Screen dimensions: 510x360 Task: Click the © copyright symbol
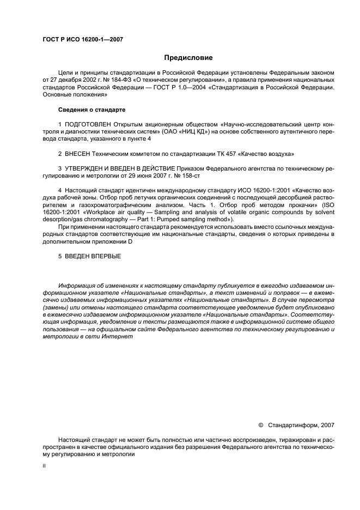pyautogui.click(x=260, y=424)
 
